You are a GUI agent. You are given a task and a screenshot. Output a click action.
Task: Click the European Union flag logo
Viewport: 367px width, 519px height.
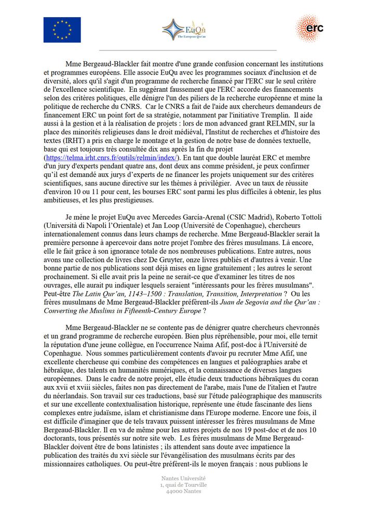point(62,30)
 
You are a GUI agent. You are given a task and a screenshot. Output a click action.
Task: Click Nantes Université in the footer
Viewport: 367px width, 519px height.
point(184,477)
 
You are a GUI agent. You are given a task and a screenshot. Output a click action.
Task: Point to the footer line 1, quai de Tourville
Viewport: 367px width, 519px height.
point(184,485)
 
